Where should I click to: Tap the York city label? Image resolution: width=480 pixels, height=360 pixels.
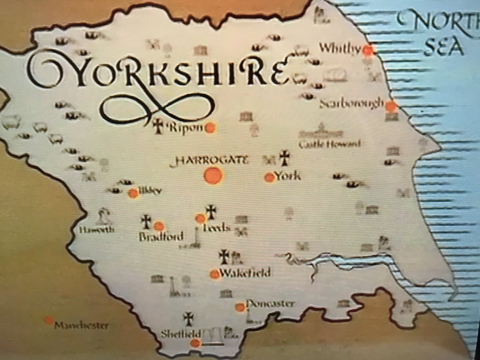tap(288, 176)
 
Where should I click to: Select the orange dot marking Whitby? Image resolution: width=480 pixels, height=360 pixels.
tap(369, 50)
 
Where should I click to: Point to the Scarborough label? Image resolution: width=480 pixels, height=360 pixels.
tap(352, 104)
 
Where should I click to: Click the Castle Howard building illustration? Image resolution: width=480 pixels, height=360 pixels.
tap(321, 132)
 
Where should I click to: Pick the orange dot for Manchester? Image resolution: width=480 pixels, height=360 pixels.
tap(49, 320)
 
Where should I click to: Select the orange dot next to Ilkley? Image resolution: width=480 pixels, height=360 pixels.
tap(133, 194)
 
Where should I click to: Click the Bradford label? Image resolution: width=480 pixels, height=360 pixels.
tap(161, 236)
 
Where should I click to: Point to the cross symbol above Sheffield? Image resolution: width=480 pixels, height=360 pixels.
tap(188, 318)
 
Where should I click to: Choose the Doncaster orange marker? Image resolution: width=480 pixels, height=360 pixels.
tap(240, 307)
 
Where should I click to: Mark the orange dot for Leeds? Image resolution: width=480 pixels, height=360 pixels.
tap(200, 218)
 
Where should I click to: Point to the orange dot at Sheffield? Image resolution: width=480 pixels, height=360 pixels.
tap(195, 343)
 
